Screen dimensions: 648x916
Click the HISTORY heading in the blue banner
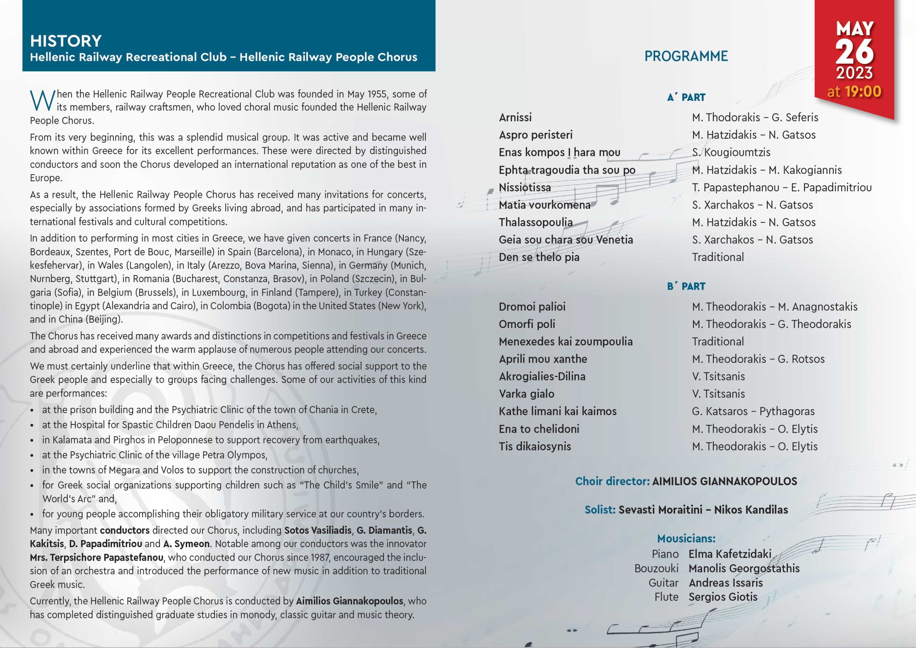[x=66, y=41]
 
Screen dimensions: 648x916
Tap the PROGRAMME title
[x=686, y=56]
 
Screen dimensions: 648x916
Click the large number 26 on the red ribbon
[x=854, y=52]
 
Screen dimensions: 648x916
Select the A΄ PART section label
[x=686, y=97]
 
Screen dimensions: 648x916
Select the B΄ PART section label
[x=686, y=286]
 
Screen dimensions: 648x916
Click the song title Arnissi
[x=515, y=117]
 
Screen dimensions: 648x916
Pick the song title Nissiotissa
[x=525, y=187]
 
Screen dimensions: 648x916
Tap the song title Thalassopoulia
[x=535, y=222]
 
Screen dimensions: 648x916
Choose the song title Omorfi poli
[x=526, y=324]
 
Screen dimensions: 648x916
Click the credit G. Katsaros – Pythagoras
[x=753, y=411]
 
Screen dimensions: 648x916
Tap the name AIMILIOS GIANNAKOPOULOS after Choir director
[x=725, y=481]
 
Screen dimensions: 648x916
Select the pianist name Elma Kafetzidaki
[x=730, y=554]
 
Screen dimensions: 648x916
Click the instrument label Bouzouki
[x=656, y=568]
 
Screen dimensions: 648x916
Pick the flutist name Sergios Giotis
[x=723, y=597]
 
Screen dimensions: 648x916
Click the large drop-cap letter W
[x=42, y=101]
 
